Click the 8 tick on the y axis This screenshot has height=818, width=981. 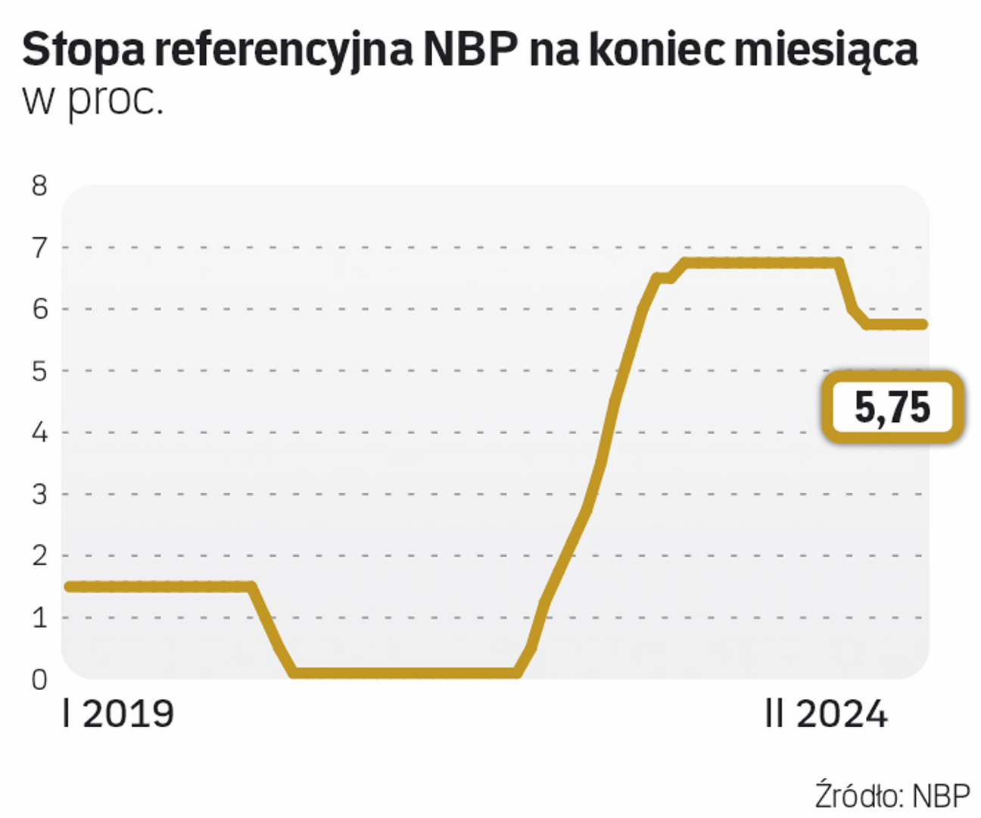tap(39, 186)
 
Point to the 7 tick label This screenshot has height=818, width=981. tap(39, 248)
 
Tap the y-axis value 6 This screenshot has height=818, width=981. tap(39, 309)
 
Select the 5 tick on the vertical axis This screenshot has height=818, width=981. tap(39, 371)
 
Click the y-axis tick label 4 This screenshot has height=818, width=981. tap(39, 432)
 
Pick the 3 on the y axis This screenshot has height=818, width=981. tap(39, 495)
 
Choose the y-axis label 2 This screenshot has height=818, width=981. tap(39, 556)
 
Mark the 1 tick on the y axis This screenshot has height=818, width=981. tap(39, 618)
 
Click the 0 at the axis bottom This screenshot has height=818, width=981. tap(39, 679)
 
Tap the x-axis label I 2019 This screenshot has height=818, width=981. tap(119, 714)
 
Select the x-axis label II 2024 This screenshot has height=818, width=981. tap(826, 714)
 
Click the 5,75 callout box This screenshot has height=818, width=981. tap(892, 407)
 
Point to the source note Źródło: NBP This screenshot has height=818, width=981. tap(892, 795)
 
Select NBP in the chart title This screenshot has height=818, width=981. tap(471, 50)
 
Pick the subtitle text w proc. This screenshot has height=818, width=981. tap(93, 101)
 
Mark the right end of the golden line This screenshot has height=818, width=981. tap(923, 324)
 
